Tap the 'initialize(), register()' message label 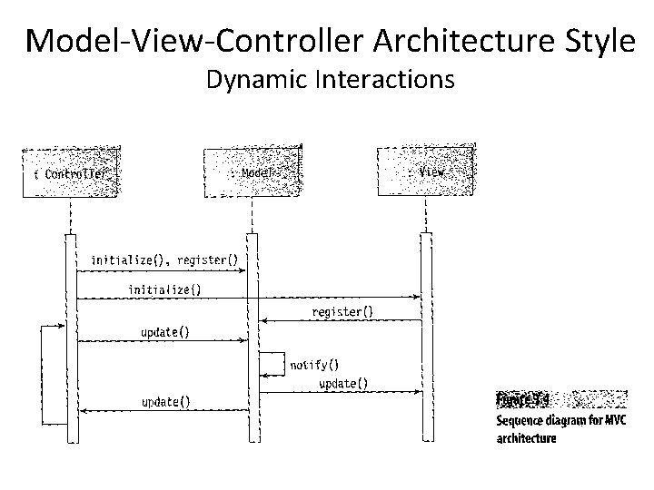click(164, 260)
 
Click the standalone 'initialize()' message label click(164, 290)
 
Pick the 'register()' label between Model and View click(342, 312)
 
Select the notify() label click(314, 366)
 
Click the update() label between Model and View click(343, 384)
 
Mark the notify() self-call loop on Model click(272, 364)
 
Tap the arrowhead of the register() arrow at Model click(263, 320)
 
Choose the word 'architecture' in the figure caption click(527, 438)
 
